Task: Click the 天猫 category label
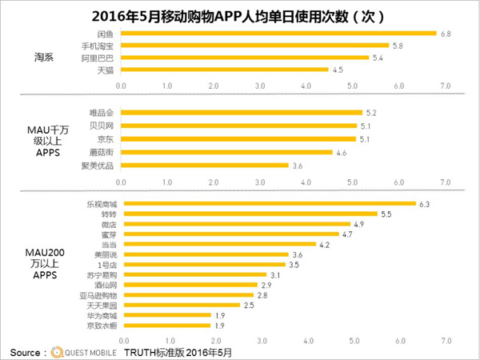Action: [105, 70]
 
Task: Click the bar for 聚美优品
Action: [204, 165]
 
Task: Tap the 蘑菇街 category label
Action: [100, 152]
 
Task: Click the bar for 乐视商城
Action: [268, 203]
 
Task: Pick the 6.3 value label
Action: [425, 204]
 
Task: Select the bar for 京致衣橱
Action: [164, 326]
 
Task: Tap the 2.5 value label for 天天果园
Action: [249, 305]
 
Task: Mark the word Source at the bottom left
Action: [27, 351]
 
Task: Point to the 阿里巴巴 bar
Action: [245, 58]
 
